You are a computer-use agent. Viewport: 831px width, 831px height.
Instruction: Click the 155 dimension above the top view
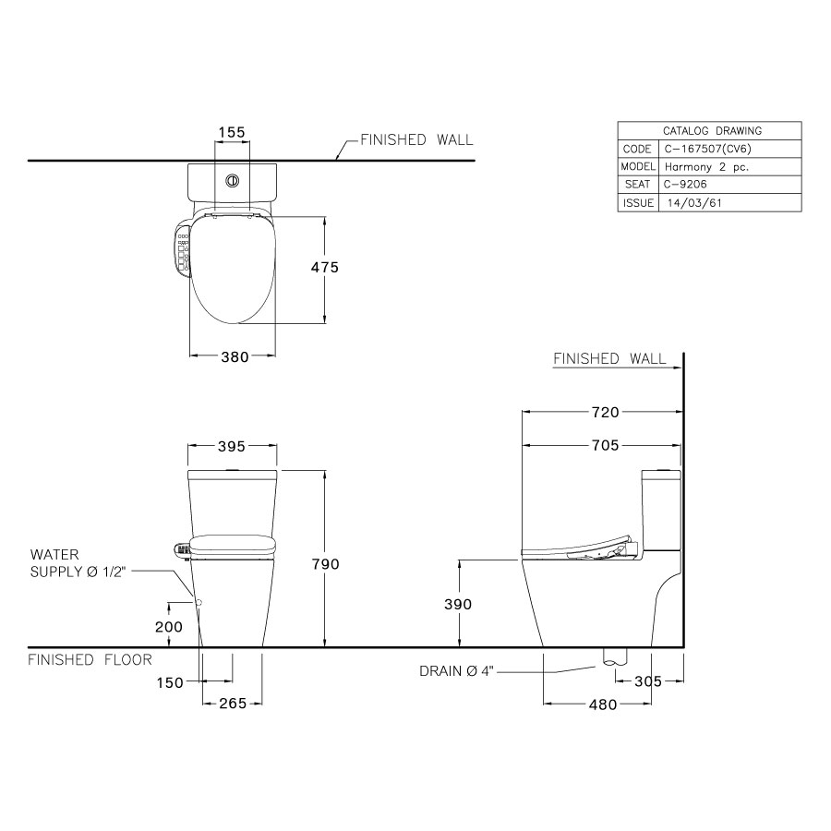[x=231, y=132]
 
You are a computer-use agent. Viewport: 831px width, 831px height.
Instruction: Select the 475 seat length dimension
[x=325, y=268]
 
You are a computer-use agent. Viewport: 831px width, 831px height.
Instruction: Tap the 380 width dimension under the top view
[x=235, y=357]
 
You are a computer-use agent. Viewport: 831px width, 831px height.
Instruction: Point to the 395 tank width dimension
[x=231, y=447]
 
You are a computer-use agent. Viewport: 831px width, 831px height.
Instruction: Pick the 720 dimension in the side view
[x=605, y=413]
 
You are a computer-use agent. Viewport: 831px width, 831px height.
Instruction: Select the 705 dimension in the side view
[x=605, y=446]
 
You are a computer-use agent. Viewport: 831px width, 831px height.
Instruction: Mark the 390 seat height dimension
[x=457, y=604]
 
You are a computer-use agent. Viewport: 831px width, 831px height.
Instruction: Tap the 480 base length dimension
[x=602, y=705]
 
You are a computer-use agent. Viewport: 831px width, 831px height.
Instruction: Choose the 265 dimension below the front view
[x=233, y=704]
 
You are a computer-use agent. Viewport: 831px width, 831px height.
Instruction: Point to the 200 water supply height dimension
[x=169, y=625]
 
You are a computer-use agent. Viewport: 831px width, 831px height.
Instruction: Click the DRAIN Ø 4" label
[x=457, y=672]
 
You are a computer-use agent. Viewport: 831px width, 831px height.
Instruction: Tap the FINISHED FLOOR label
[x=90, y=660]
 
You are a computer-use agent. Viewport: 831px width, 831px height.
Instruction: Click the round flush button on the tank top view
[x=234, y=181]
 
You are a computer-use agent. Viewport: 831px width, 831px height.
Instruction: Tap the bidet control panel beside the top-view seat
[x=180, y=249]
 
